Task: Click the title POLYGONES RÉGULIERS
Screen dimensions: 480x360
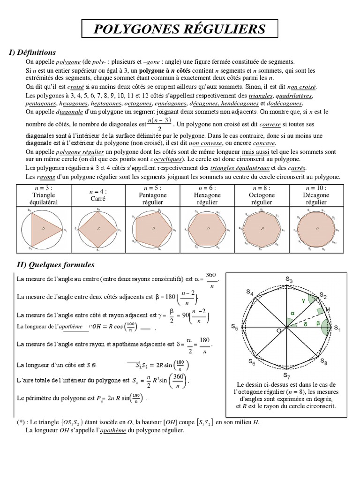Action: pyautogui.click(x=180, y=30)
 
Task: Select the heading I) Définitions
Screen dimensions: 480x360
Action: pyautogui.click(x=33, y=52)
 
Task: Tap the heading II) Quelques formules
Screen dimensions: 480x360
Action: pyautogui.click(x=55, y=265)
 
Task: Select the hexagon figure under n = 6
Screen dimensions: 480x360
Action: pyautogui.click(x=208, y=229)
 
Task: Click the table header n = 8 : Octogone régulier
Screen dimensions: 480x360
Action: pyautogui.click(x=262, y=195)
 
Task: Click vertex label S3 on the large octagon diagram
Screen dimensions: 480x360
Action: pyautogui.click(x=289, y=280)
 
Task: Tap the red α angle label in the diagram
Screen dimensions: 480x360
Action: pyautogui.click(x=292, y=313)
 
